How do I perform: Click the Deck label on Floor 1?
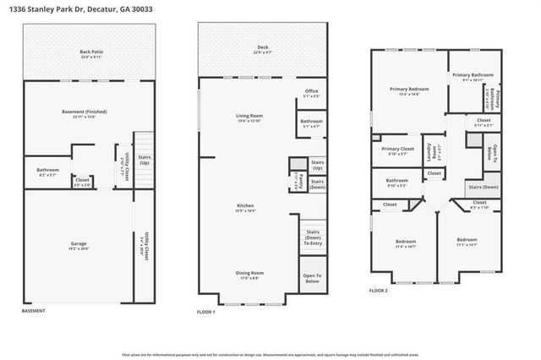click(263, 49)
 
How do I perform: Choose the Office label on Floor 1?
click(311, 93)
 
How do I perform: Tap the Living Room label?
click(249, 117)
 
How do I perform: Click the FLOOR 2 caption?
click(379, 290)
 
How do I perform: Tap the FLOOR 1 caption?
click(207, 312)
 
